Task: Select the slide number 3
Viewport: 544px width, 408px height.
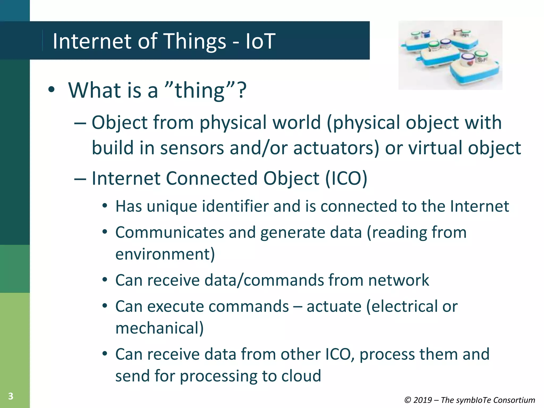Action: (11, 396)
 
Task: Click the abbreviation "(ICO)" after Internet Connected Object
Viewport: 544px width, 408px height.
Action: (346, 178)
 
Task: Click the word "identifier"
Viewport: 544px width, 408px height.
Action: (235, 206)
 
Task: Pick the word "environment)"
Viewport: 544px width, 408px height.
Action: (165, 254)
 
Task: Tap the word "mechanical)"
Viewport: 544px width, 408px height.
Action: (159, 328)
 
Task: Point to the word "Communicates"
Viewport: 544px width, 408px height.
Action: (170, 232)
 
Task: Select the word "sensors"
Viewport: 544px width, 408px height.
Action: (192, 148)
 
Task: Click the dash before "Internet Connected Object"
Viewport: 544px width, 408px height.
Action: (80, 178)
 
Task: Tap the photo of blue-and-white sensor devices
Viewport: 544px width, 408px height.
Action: (450, 55)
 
